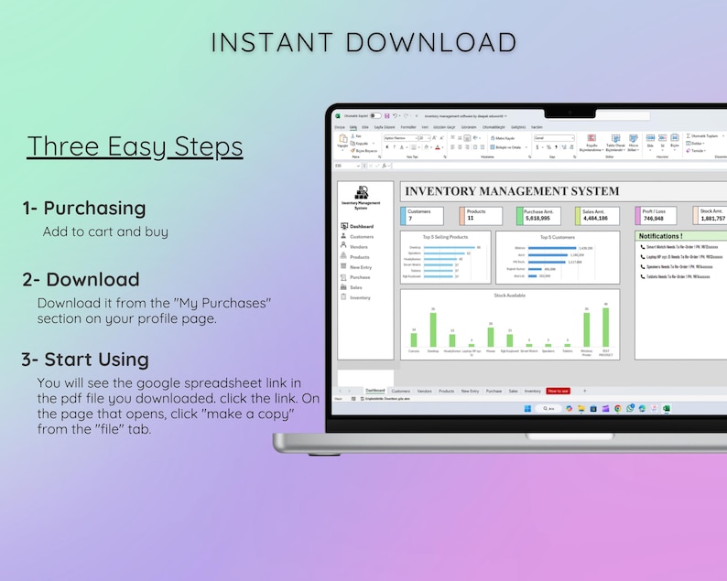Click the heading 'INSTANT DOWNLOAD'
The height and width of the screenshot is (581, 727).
[x=363, y=42]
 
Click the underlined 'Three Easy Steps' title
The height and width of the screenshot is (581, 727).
[x=135, y=146]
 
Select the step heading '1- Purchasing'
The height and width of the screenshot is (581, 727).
[x=84, y=208]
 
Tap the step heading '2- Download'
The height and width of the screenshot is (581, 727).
[x=81, y=279]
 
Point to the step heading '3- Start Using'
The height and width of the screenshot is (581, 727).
[x=85, y=359]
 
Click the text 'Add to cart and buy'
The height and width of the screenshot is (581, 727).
[x=105, y=231]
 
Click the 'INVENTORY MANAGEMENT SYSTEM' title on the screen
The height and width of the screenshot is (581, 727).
[x=512, y=191]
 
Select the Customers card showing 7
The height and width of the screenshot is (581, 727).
[x=426, y=215]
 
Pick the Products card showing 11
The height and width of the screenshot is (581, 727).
[x=482, y=215]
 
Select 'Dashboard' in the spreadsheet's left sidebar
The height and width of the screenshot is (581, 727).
[x=361, y=226]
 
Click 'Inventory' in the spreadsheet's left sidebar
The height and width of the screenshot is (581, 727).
[x=360, y=297]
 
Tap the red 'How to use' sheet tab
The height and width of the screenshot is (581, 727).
[x=558, y=391]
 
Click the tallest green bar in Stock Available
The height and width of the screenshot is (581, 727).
[x=605, y=328]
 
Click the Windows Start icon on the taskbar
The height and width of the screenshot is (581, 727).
[x=527, y=408]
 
